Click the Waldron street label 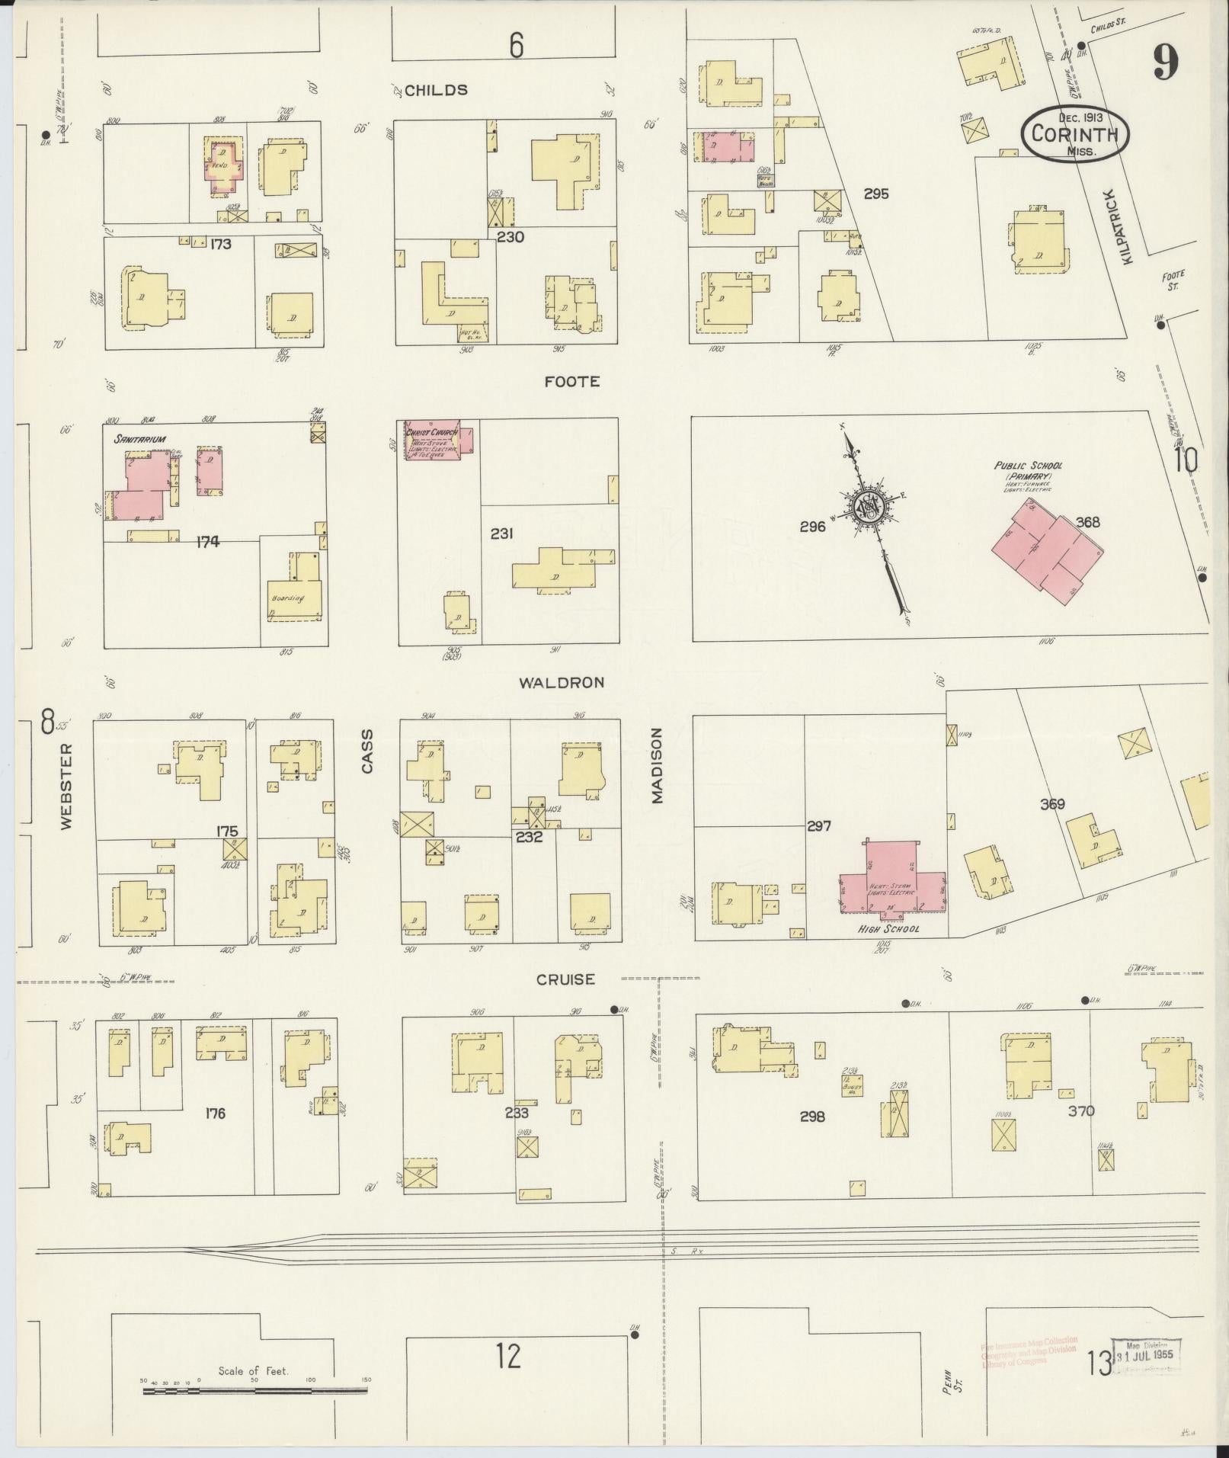click(x=562, y=683)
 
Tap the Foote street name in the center click(x=571, y=382)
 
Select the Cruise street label click(x=565, y=980)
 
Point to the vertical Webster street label click(x=66, y=786)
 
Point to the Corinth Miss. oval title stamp click(x=1074, y=133)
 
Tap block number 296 click(x=812, y=527)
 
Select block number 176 click(x=216, y=1114)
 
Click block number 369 click(x=1051, y=804)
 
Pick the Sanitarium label click(x=140, y=439)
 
